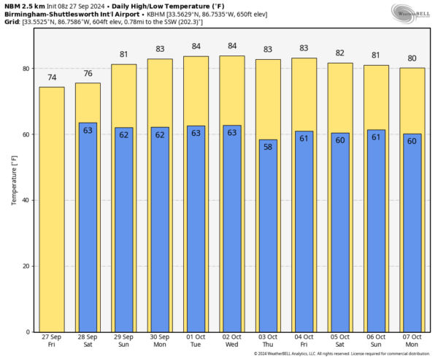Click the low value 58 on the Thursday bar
[268, 146]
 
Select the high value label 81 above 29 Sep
[123, 55]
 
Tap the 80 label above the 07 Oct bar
[412, 58]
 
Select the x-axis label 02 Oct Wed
[231, 340]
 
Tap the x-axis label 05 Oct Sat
[339, 340]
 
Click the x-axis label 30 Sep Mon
[160, 340]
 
